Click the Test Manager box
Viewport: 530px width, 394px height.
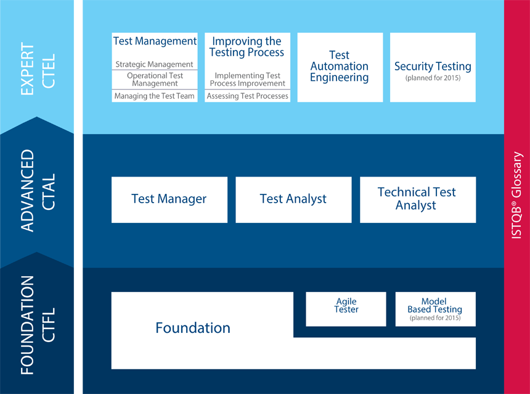pos(169,199)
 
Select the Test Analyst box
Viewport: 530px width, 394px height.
pos(293,199)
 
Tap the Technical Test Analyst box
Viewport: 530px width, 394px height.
pos(417,199)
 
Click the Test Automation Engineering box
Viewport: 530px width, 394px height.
pos(340,67)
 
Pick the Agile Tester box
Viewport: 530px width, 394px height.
pos(346,306)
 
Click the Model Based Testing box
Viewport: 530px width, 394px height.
pos(434,306)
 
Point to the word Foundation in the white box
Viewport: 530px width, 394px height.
pos(193,328)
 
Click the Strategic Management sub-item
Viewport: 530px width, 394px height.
pos(155,64)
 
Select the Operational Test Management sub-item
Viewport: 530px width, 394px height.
pos(155,80)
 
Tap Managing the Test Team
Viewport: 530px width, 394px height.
pos(155,96)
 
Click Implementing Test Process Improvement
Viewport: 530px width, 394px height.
pos(248,80)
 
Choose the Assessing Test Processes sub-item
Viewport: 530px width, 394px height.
pos(248,96)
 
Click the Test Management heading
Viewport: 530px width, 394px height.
pos(155,41)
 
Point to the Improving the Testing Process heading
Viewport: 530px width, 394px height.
pos(247,47)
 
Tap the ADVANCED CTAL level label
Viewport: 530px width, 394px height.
pos(37,191)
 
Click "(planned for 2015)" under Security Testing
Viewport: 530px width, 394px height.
pos(433,78)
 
